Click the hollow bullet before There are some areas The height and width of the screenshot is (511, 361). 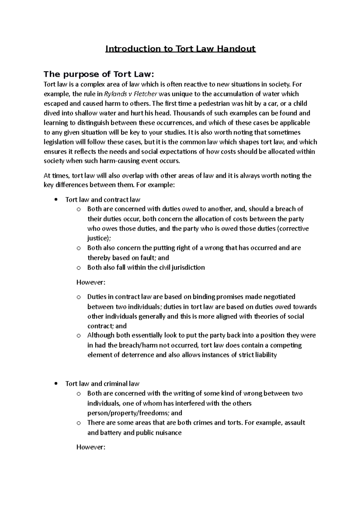[79, 423]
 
